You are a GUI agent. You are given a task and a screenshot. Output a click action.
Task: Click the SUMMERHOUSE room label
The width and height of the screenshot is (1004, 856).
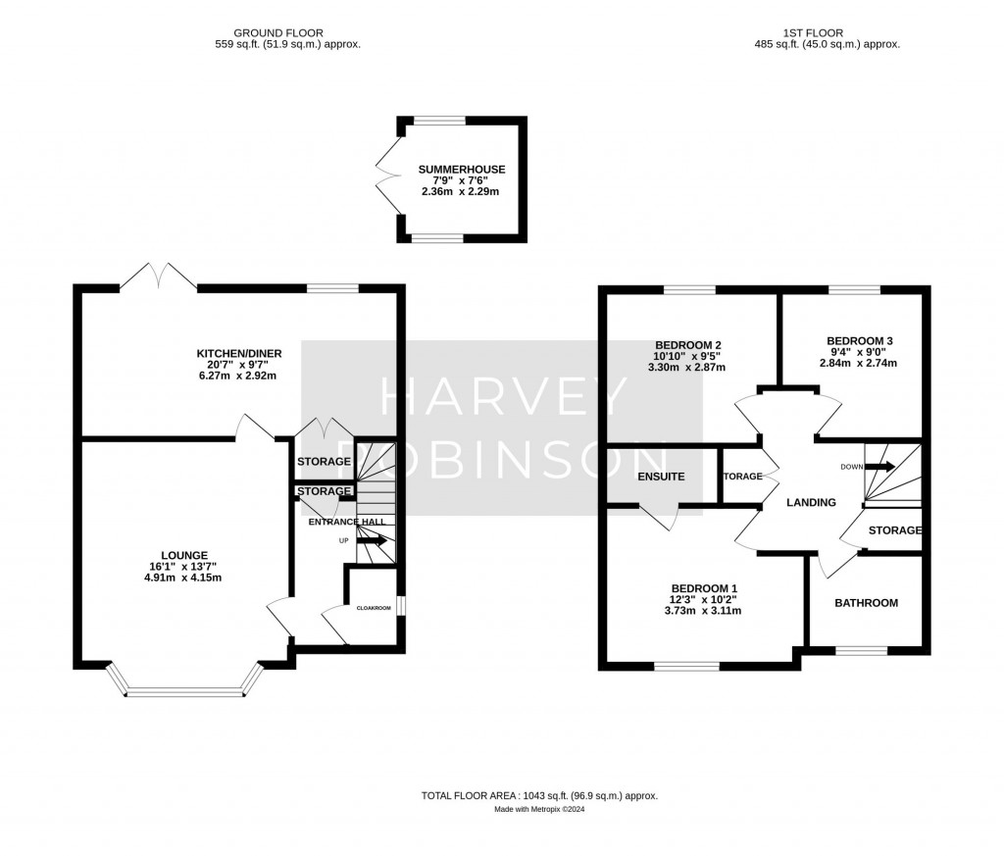click(x=461, y=169)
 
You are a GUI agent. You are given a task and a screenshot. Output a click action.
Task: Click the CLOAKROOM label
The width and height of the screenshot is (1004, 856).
click(x=373, y=608)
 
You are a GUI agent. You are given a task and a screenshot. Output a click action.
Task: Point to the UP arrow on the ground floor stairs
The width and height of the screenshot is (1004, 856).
click(x=373, y=540)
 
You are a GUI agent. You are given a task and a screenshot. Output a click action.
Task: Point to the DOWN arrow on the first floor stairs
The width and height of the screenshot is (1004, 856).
click(x=879, y=467)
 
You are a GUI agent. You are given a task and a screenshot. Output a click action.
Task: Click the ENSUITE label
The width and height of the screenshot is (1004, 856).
click(x=660, y=477)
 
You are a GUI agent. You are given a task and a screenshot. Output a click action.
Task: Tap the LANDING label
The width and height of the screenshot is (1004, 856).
click(x=812, y=502)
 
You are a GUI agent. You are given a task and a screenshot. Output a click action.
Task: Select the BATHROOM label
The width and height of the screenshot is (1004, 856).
click(x=866, y=603)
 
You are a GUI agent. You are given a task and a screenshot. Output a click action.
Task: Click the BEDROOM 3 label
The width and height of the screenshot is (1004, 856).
click(x=858, y=340)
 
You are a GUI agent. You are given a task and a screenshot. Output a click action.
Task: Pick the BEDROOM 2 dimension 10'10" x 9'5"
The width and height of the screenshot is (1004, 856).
click(x=687, y=358)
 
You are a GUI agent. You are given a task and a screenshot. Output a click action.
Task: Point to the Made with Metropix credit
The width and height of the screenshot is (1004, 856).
click(x=539, y=809)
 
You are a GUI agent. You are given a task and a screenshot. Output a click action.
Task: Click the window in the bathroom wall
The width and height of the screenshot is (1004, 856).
click(x=862, y=649)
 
